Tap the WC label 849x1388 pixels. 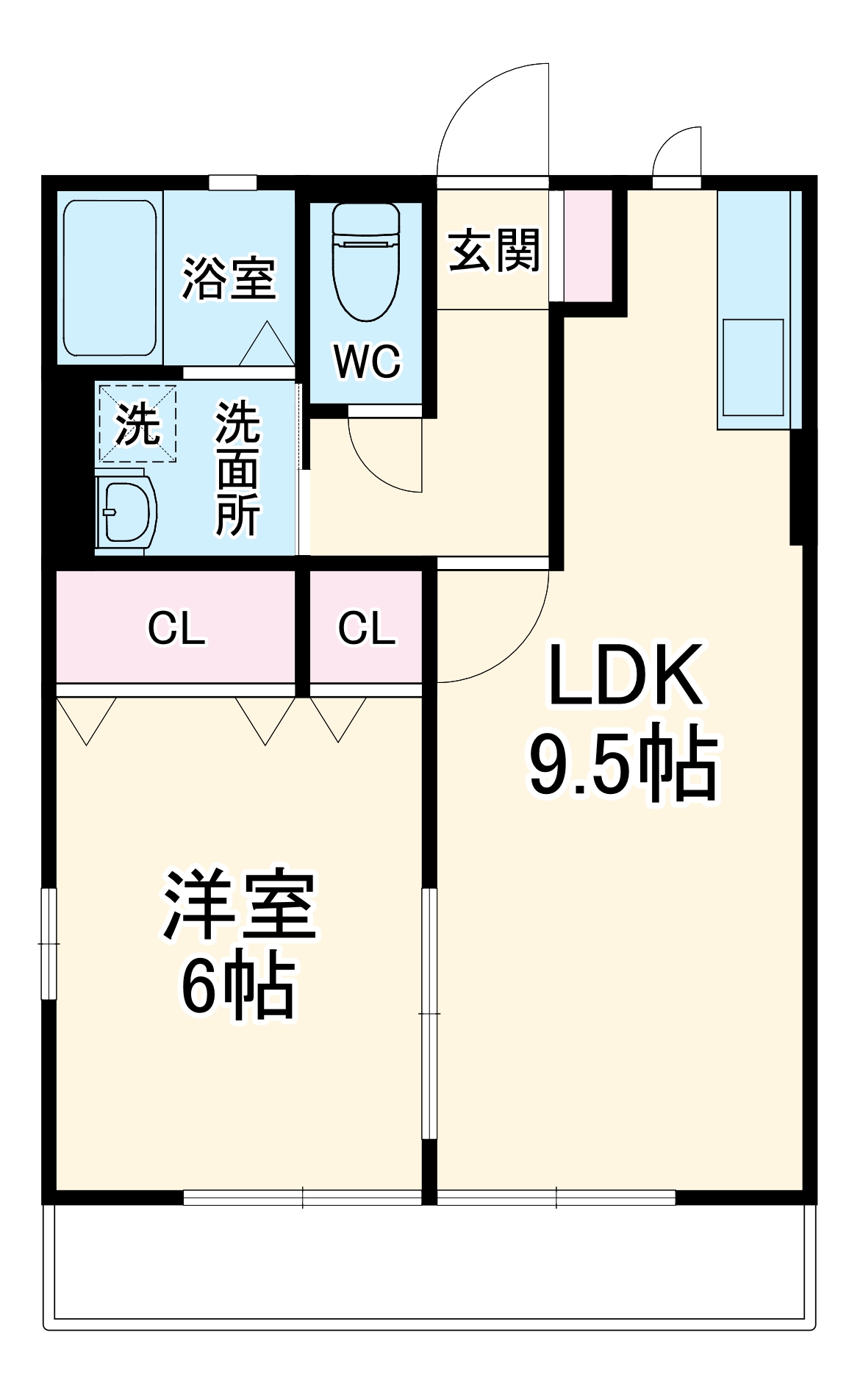[367, 361]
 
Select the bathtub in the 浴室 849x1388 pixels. [110, 278]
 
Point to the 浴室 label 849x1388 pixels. [229, 278]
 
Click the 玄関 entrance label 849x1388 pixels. [494, 251]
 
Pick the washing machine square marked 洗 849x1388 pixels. [137, 423]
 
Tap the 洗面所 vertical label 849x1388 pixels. [237, 468]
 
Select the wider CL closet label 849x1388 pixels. [176, 629]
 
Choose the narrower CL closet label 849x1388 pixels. [366, 629]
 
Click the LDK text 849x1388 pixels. [624, 675]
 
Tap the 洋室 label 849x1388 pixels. [239, 905]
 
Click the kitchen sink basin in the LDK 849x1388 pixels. [753, 368]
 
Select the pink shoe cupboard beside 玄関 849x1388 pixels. [588, 246]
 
